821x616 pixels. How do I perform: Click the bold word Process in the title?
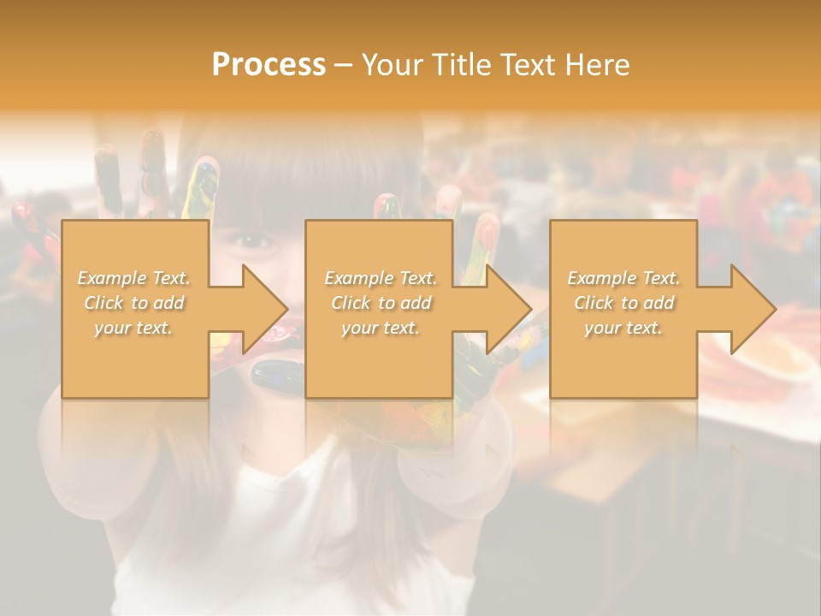click(x=269, y=65)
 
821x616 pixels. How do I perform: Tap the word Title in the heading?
click(x=463, y=65)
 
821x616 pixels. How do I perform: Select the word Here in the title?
click(x=598, y=65)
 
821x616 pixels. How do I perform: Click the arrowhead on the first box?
click(x=266, y=309)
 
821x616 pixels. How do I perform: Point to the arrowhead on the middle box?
click(x=510, y=309)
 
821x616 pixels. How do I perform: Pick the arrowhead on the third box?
click(x=753, y=309)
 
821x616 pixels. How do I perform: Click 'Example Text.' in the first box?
click(x=134, y=278)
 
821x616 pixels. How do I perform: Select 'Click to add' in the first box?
click(x=134, y=303)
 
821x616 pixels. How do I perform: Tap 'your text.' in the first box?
click(x=134, y=328)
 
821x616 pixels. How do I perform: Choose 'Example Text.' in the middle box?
click(x=381, y=278)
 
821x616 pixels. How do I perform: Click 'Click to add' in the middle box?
click(x=381, y=303)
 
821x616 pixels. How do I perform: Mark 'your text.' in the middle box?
click(x=381, y=328)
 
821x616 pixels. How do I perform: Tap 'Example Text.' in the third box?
click(x=623, y=278)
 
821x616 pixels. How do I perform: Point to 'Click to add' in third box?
click(x=623, y=303)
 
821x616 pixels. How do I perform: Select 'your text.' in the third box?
click(x=623, y=328)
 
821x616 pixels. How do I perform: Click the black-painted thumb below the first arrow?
click(x=279, y=375)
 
